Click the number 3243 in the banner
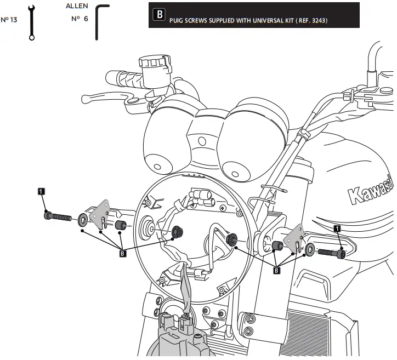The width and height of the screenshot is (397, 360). point(319,21)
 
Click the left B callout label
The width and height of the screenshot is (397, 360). point(122,253)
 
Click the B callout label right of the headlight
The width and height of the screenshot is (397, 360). point(277,269)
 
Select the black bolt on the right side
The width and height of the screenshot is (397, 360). point(331,253)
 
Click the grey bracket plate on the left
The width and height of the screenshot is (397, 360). point(101,214)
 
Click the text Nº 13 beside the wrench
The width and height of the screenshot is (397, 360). point(9,20)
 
